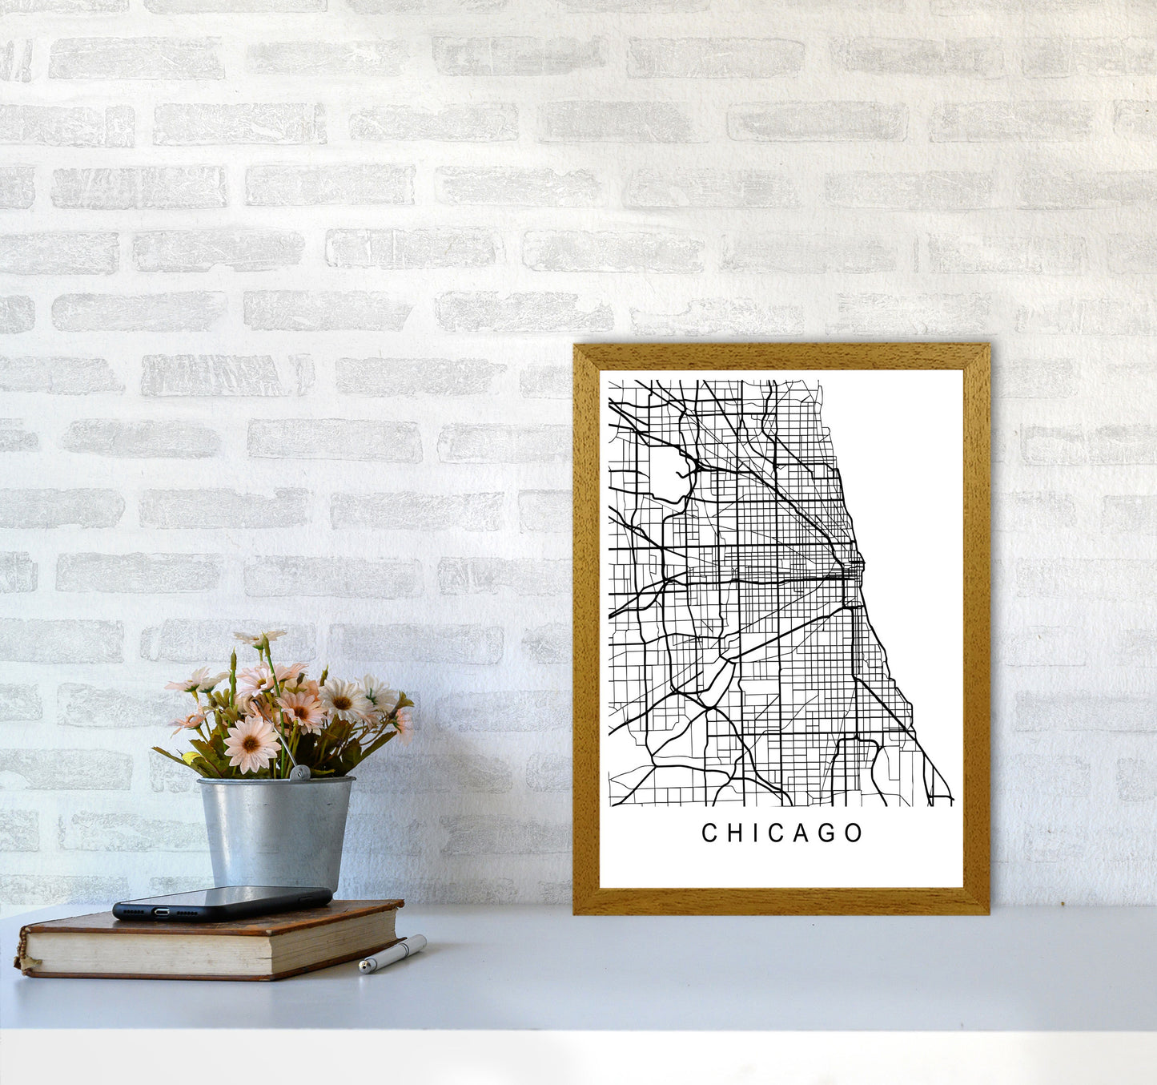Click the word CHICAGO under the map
tap(782, 833)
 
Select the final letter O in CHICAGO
tap(854, 833)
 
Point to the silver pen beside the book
tap(392, 954)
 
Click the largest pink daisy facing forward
tap(250, 743)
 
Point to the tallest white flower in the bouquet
tap(260, 639)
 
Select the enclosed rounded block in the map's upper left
tap(666, 474)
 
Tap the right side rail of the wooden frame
tap(976, 625)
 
